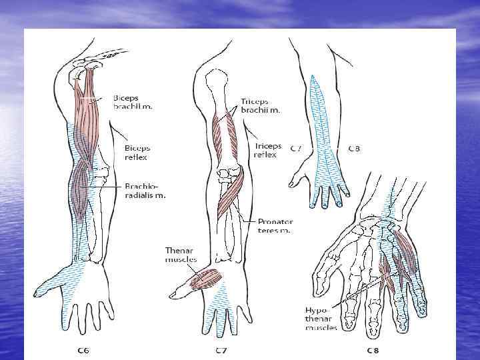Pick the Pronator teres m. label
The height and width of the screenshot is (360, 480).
pos(275,226)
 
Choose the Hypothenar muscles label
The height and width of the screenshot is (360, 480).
pos(321,319)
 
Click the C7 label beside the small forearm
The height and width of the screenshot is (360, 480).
pos(298,149)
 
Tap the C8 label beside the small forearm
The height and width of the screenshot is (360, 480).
pos(353,149)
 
